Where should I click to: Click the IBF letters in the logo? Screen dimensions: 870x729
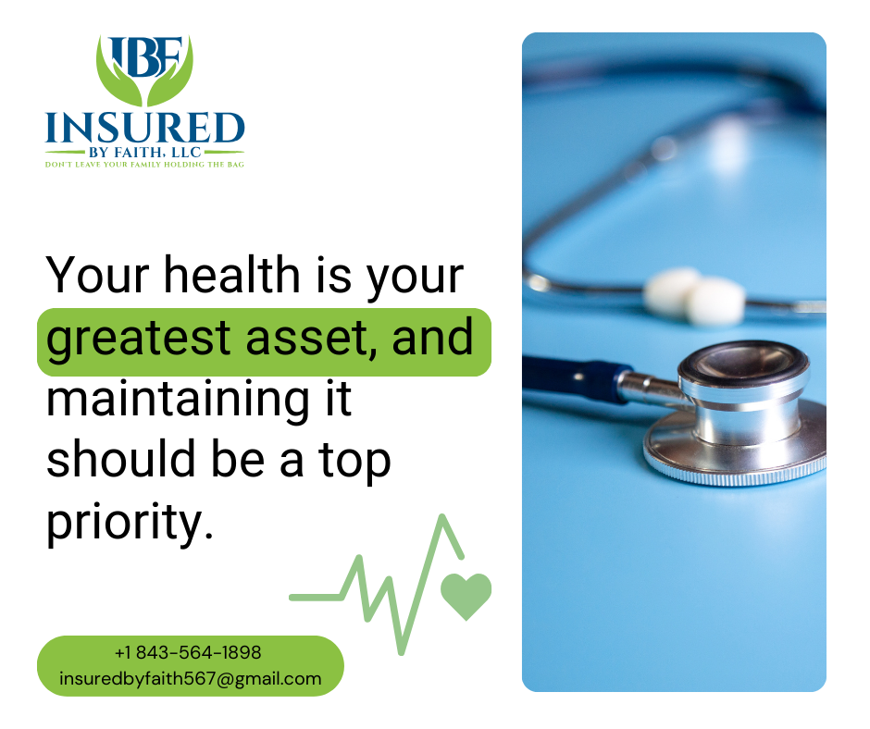(x=145, y=56)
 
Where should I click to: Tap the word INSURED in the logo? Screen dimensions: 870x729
(x=144, y=128)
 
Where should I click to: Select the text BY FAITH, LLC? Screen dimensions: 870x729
(x=144, y=153)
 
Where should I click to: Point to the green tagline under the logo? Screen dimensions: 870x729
(x=144, y=165)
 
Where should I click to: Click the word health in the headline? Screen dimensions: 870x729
(x=232, y=274)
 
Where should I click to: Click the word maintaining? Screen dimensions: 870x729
(x=178, y=401)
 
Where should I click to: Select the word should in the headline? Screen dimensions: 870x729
(x=121, y=459)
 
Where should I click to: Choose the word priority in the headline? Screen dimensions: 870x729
(x=130, y=523)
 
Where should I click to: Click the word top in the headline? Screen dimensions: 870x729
(x=354, y=462)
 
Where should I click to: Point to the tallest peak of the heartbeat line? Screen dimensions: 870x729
(x=442, y=518)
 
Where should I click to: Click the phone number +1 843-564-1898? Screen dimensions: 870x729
(x=188, y=652)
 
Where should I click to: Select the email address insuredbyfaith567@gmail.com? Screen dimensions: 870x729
(x=191, y=678)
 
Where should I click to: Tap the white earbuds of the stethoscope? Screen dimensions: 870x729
(x=695, y=296)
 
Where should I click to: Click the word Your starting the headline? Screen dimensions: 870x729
(x=98, y=274)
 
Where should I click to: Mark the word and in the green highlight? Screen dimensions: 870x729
(x=433, y=338)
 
